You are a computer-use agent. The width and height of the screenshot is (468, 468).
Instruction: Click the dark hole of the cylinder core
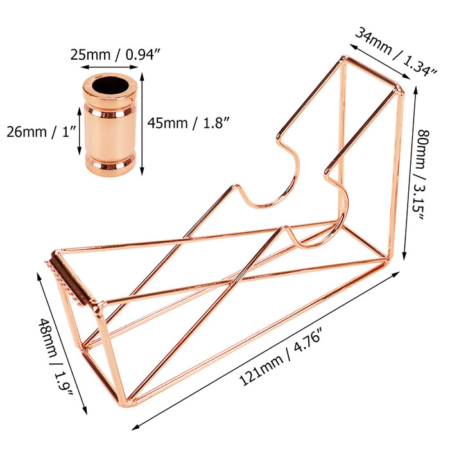click(x=110, y=85)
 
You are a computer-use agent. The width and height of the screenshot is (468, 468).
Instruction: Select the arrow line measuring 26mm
click(x=79, y=132)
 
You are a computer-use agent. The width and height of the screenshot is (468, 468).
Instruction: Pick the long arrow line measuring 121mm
click(x=270, y=343)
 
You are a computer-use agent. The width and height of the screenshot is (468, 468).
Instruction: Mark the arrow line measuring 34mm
click(x=384, y=64)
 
